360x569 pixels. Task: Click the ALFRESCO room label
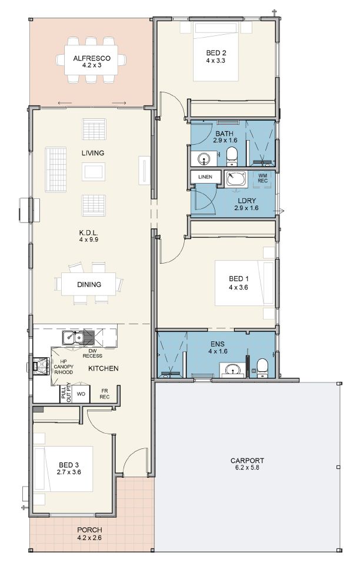pyautogui.click(x=92, y=58)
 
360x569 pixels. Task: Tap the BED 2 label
pyautogui.click(x=216, y=53)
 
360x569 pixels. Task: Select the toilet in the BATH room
pyautogui.click(x=232, y=155)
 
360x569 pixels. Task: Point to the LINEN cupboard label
pyautogui.click(x=205, y=177)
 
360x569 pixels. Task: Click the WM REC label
pyautogui.click(x=263, y=178)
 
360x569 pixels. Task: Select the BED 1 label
pyautogui.click(x=239, y=279)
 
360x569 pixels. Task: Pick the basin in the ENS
pyautogui.click(x=232, y=370)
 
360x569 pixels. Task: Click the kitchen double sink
pyautogui.click(x=78, y=338)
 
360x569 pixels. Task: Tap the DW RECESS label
pyautogui.click(x=92, y=354)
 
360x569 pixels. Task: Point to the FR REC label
pyautogui.click(x=105, y=394)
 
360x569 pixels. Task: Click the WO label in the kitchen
pyautogui.click(x=81, y=394)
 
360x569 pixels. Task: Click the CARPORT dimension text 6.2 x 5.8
pyautogui.click(x=248, y=468)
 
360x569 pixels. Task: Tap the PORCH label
pyautogui.click(x=89, y=530)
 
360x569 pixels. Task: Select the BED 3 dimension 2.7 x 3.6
pyautogui.click(x=69, y=472)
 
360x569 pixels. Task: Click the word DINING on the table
pyautogui.click(x=89, y=285)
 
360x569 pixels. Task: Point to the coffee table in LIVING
pyautogui.click(x=94, y=172)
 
